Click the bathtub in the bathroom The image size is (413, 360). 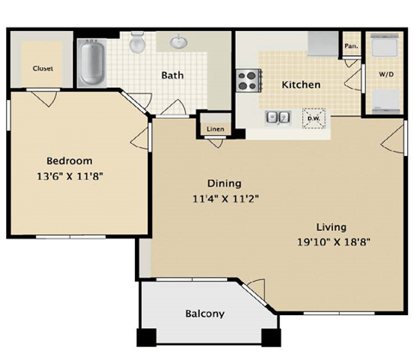tap(91, 60)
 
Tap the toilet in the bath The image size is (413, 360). tap(138, 43)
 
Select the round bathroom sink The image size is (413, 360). tap(180, 42)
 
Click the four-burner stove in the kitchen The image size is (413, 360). tap(249, 80)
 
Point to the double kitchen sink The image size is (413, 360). tap(277, 117)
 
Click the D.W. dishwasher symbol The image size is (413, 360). tap(314, 118)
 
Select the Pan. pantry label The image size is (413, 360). tap(350, 46)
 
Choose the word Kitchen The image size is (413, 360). tap(301, 85)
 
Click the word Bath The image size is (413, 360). tap(173, 75)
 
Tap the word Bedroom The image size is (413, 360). tap(69, 160)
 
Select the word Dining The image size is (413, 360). tap(224, 183)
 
